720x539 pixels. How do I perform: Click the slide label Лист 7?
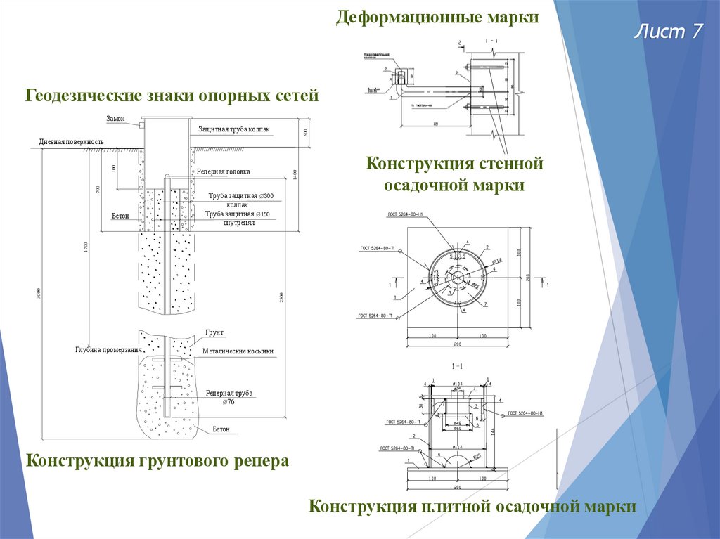(x=669, y=32)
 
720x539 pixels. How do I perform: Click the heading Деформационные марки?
(x=437, y=17)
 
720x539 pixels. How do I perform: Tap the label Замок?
(x=116, y=119)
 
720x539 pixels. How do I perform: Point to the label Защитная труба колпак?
(x=233, y=129)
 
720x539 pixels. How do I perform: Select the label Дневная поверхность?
(x=72, y=142)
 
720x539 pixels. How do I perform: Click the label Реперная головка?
(x=223, y=171)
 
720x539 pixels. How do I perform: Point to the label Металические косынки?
(x=238, y=351)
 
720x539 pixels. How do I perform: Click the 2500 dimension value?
(x=281, y=297)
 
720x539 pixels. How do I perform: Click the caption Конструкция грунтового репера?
(x=157, y=462)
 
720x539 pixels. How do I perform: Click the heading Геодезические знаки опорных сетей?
(x=172, y=95)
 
